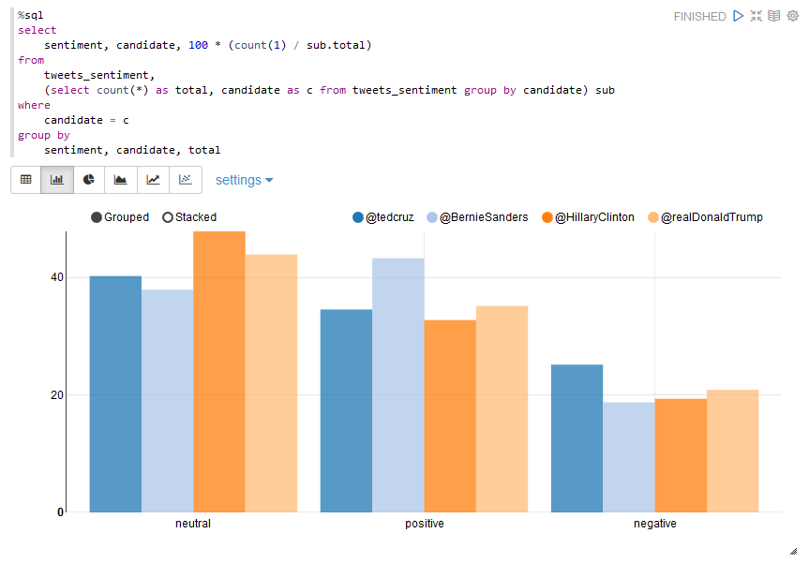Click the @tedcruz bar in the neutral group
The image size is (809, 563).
[115, 393]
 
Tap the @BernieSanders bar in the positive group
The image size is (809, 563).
[397, 385]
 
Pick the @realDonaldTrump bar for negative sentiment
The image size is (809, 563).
[732, 451]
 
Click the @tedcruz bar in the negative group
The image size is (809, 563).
[577, 437]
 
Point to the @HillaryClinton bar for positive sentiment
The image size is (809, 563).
[450, 416]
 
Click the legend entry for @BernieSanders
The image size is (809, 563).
[477, 217]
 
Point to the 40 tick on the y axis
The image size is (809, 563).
[57, 277]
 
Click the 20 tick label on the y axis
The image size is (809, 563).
[57, 395]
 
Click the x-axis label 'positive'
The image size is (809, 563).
[424, 524]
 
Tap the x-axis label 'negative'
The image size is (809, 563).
[654, 524]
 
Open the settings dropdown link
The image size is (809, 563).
[244, 180]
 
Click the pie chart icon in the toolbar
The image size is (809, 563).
[89, 179]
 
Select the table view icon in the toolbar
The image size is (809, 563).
[26, 179]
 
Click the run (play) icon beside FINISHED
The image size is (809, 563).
[739, 16]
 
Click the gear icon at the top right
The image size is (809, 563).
[792, 16]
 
